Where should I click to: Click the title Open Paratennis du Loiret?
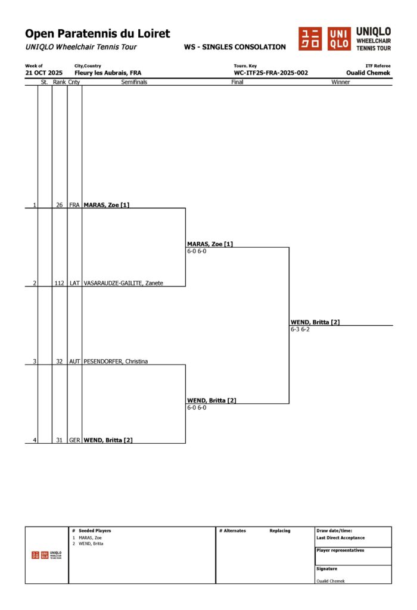coord(97,34)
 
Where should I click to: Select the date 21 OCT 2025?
coord(43,73)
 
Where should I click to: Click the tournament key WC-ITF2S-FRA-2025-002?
coord(271,73)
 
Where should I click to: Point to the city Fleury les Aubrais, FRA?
coord(108,73)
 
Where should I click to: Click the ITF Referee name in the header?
coord(368,73)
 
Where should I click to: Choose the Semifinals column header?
coord(134,82)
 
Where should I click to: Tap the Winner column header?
coord(341,82)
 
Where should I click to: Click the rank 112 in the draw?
coord(59,283)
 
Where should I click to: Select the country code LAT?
coord(74,283)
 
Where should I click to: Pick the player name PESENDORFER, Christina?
coord(116,362)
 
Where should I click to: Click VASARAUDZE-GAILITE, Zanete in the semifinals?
coord(123,283)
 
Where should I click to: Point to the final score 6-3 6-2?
coord(300,329)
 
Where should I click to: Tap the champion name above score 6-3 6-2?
coord(315,322)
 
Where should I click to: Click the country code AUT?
coord(74,362)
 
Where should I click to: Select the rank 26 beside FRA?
coord(59,205)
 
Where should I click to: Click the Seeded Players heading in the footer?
coord(95,531)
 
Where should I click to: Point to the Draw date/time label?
coord(334,531)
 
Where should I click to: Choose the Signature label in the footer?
coord(327,569)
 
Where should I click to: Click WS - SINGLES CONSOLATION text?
coord(235,47)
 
